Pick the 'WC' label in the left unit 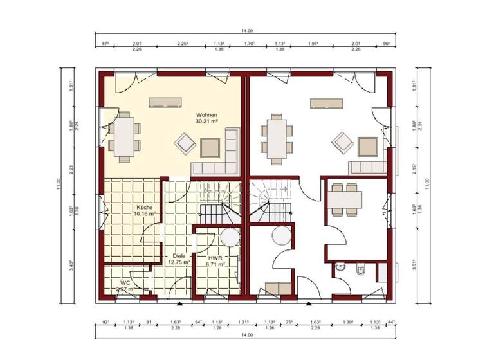click(124, 282)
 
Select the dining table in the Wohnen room click(123, 136)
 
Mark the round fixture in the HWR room click(228, 237)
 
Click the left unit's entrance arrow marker click(179, 301)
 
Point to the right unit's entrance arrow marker click(309, 301)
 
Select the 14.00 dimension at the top click(247, 30)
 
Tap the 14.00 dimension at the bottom click(247, 336)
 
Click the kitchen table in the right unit click(345, 199)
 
